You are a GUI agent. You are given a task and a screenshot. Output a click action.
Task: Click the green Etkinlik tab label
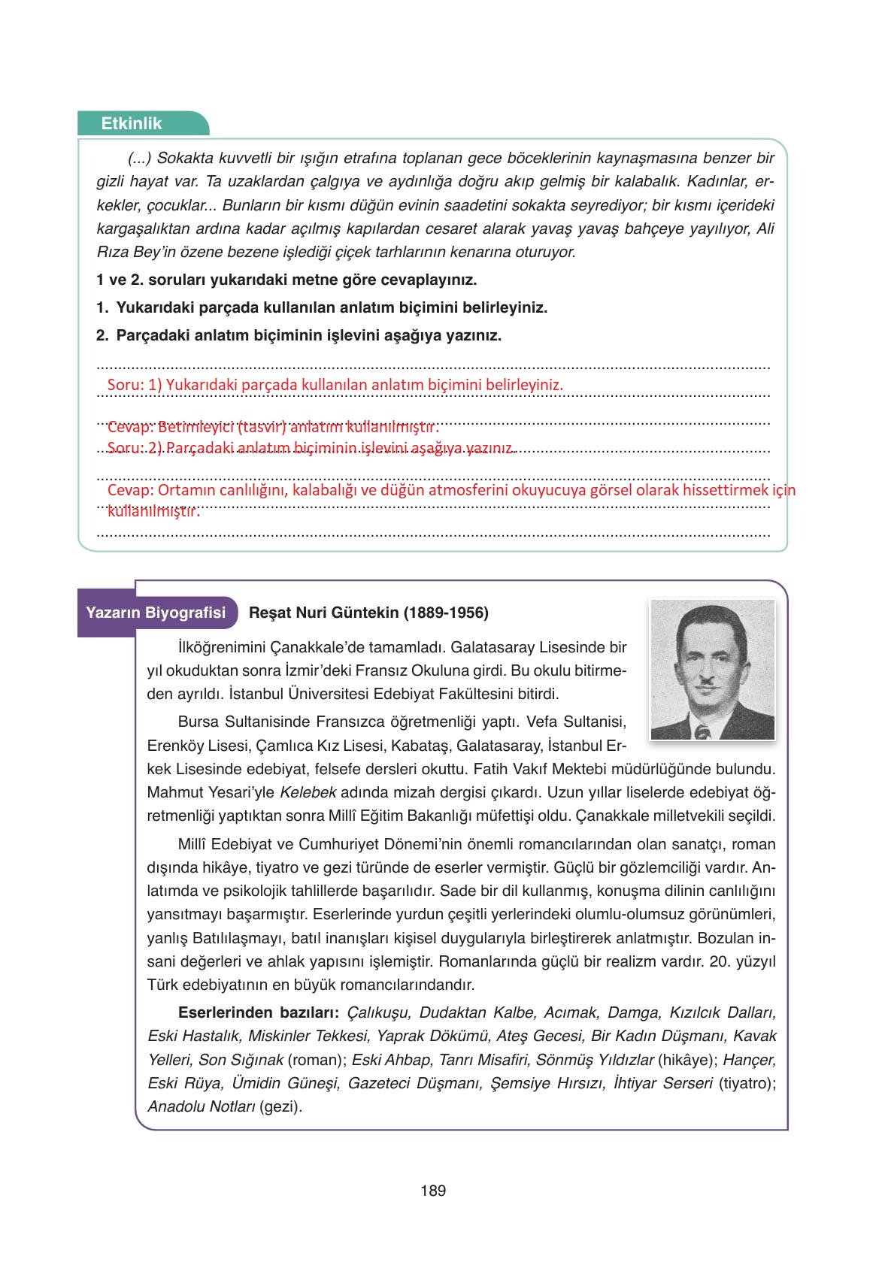coord(132,124)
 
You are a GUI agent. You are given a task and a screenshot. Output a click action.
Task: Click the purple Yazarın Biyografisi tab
coord(156,613)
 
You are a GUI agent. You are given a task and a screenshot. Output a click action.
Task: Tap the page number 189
coord(433,1191)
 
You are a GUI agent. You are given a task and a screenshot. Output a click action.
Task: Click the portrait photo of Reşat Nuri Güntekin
coord(711,670)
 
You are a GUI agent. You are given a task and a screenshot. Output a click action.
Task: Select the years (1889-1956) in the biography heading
coord(446,613)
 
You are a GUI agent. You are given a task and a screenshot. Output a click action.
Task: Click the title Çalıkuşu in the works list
coord(378,1012)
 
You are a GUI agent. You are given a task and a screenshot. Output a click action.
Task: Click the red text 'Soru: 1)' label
coord(135,385)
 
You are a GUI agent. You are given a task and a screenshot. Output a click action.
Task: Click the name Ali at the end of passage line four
coord(764,228)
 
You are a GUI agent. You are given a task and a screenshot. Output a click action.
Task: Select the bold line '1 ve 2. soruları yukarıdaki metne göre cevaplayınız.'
coord(286,280)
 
